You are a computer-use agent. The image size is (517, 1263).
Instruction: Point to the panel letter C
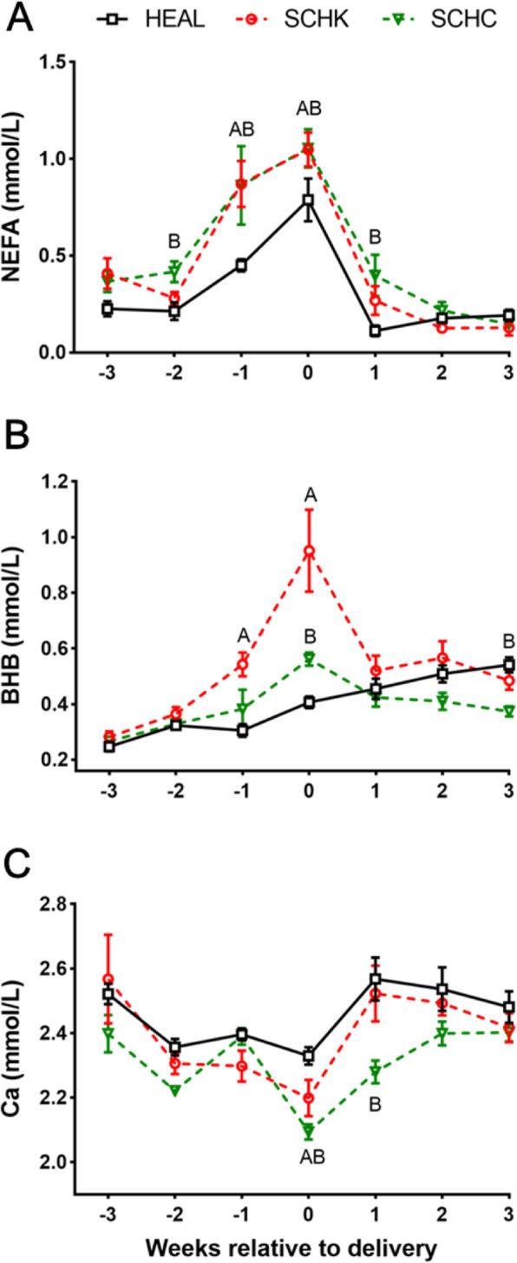coord(19,872)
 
